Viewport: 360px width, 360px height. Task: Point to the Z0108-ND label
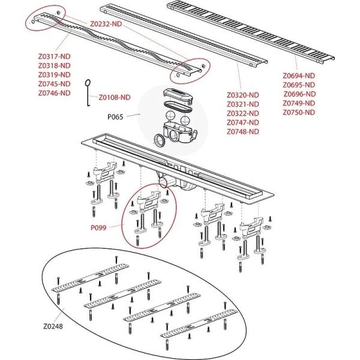(x=114, y=97)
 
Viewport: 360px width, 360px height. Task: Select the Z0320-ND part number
(x=243, y=95)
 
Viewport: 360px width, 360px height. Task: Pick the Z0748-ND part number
(x=243, y=131)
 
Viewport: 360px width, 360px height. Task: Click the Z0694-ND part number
(x=299, y=76)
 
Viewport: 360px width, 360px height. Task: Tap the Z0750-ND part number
(x=299, y=112)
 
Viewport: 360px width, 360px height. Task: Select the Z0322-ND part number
(x=243, y=113)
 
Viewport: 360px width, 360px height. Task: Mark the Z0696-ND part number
(x=299, y=94)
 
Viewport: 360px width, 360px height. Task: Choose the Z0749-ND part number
(x=299, y=103)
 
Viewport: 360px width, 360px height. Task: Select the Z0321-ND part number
(x=243, y=104)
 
